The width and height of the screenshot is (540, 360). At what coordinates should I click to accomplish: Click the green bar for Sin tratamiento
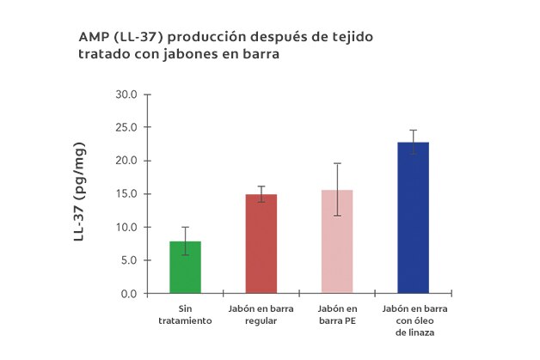(186, 267)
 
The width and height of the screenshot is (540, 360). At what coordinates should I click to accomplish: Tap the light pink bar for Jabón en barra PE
(337, 241)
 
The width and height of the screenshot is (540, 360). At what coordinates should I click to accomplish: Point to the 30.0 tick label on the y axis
(126, 95)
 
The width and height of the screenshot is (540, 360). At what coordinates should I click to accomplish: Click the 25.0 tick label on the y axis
(126, 128)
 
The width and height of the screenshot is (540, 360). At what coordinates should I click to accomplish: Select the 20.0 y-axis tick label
(126, 161)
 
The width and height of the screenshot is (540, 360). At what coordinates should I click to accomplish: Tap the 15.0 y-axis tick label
(126, 194)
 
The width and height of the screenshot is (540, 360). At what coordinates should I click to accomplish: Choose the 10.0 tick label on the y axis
(126, 227)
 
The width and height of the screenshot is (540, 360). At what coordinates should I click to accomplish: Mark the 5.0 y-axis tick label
(129, 260)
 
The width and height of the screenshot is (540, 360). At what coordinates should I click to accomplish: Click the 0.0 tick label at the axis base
(129, 294)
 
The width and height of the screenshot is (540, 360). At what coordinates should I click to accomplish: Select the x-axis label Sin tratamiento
(185, 314)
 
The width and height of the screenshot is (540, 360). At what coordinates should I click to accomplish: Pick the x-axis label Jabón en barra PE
(337, 314)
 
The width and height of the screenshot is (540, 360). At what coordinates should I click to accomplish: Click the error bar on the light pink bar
(337, 189)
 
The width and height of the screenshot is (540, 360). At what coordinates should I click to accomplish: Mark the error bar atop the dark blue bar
(413, 142)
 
